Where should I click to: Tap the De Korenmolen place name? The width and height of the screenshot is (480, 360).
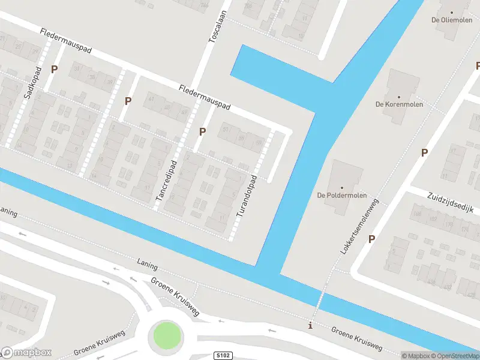click(x=399, y=104)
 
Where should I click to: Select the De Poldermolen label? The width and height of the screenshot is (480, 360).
click(x=342, y=195)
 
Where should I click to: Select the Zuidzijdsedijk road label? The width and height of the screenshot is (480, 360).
click(x=451, y=202)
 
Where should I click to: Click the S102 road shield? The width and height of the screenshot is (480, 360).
click(x=223, y=356)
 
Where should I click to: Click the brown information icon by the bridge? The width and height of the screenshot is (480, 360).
click(x=310, y=326)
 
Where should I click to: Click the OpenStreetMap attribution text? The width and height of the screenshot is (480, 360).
click(x=454, y=356)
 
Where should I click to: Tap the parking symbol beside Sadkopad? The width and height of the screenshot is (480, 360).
click(x=55, y=70)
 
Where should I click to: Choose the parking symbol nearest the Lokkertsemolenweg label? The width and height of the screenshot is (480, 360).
click(x=371, y=239)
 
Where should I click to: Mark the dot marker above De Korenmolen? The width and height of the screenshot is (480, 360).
click(x=398, y=96)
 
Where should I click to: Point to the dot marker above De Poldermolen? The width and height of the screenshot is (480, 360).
click(x=342, y=187)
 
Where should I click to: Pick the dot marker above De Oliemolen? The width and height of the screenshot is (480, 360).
click(x=452, y=11)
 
